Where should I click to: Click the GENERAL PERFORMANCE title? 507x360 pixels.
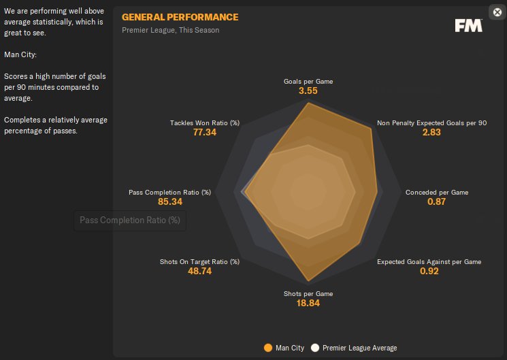[x=180, y=17]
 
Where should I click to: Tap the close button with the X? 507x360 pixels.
[x=497, y=12]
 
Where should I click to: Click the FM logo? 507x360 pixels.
[x=469, y=26]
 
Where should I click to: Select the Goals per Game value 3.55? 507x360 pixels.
[x=308, y=91]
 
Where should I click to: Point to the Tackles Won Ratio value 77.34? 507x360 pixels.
[x=205, y=132]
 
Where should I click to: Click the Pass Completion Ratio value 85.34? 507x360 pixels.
[x=170, y=201]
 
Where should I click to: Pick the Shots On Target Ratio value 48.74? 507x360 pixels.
[x=199, y=271]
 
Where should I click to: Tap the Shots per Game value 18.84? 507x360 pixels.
[x=308, y=303]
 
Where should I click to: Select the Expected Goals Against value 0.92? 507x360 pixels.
[x=429, y=271]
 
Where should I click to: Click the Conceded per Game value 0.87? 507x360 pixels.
[x=436, y=201]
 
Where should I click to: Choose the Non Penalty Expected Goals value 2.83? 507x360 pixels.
[x=431, y=132]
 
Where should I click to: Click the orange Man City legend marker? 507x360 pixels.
[x=268, y=348]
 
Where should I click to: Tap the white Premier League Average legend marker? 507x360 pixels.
[x=315, y=348]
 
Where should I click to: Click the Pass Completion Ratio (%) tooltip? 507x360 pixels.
[x=130, y=220]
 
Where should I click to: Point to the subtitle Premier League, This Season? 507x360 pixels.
[x=171, y=30]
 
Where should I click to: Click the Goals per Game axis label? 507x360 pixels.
[x=308, y=82]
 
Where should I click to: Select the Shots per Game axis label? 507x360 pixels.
[x=308, y=294]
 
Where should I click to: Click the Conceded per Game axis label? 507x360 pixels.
[x=437, y=193]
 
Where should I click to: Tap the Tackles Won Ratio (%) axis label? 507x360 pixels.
[x=205, y=123]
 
